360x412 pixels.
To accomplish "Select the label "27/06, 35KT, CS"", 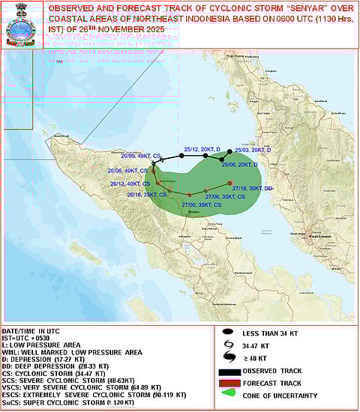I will pos(225,196).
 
